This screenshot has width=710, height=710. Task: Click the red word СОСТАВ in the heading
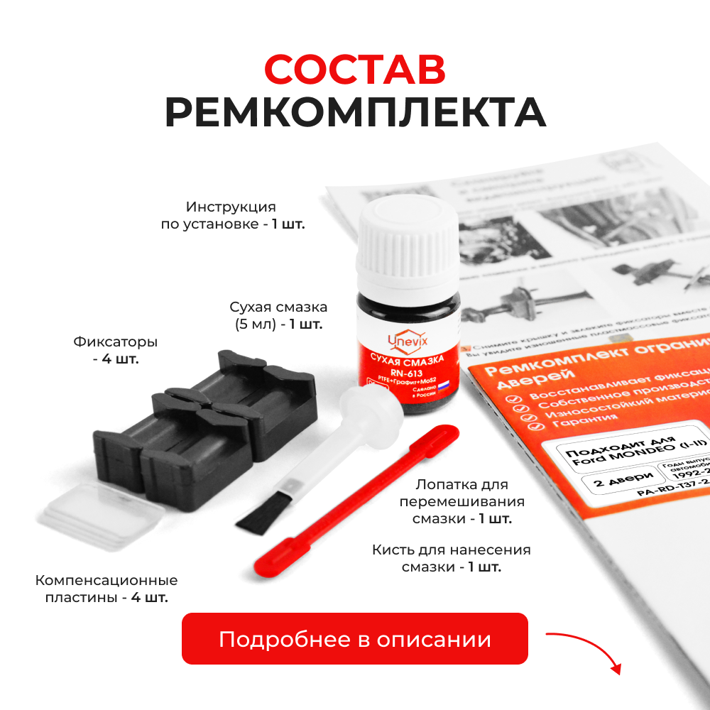click(x=355, y=69)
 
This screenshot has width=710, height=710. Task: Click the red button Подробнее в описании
click(x=355, y=639)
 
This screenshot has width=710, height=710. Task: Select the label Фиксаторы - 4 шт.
click(x=115, y=350)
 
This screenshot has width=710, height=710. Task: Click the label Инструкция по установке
click(x=231, y=215)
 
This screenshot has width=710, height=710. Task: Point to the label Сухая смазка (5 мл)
click(x=278, y=316)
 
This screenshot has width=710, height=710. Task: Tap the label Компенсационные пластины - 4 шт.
click(x=106, y=589)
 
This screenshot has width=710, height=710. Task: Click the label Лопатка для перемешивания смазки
click(x=461, y=501)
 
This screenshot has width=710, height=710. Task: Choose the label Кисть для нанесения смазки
click(x=451, y=558)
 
